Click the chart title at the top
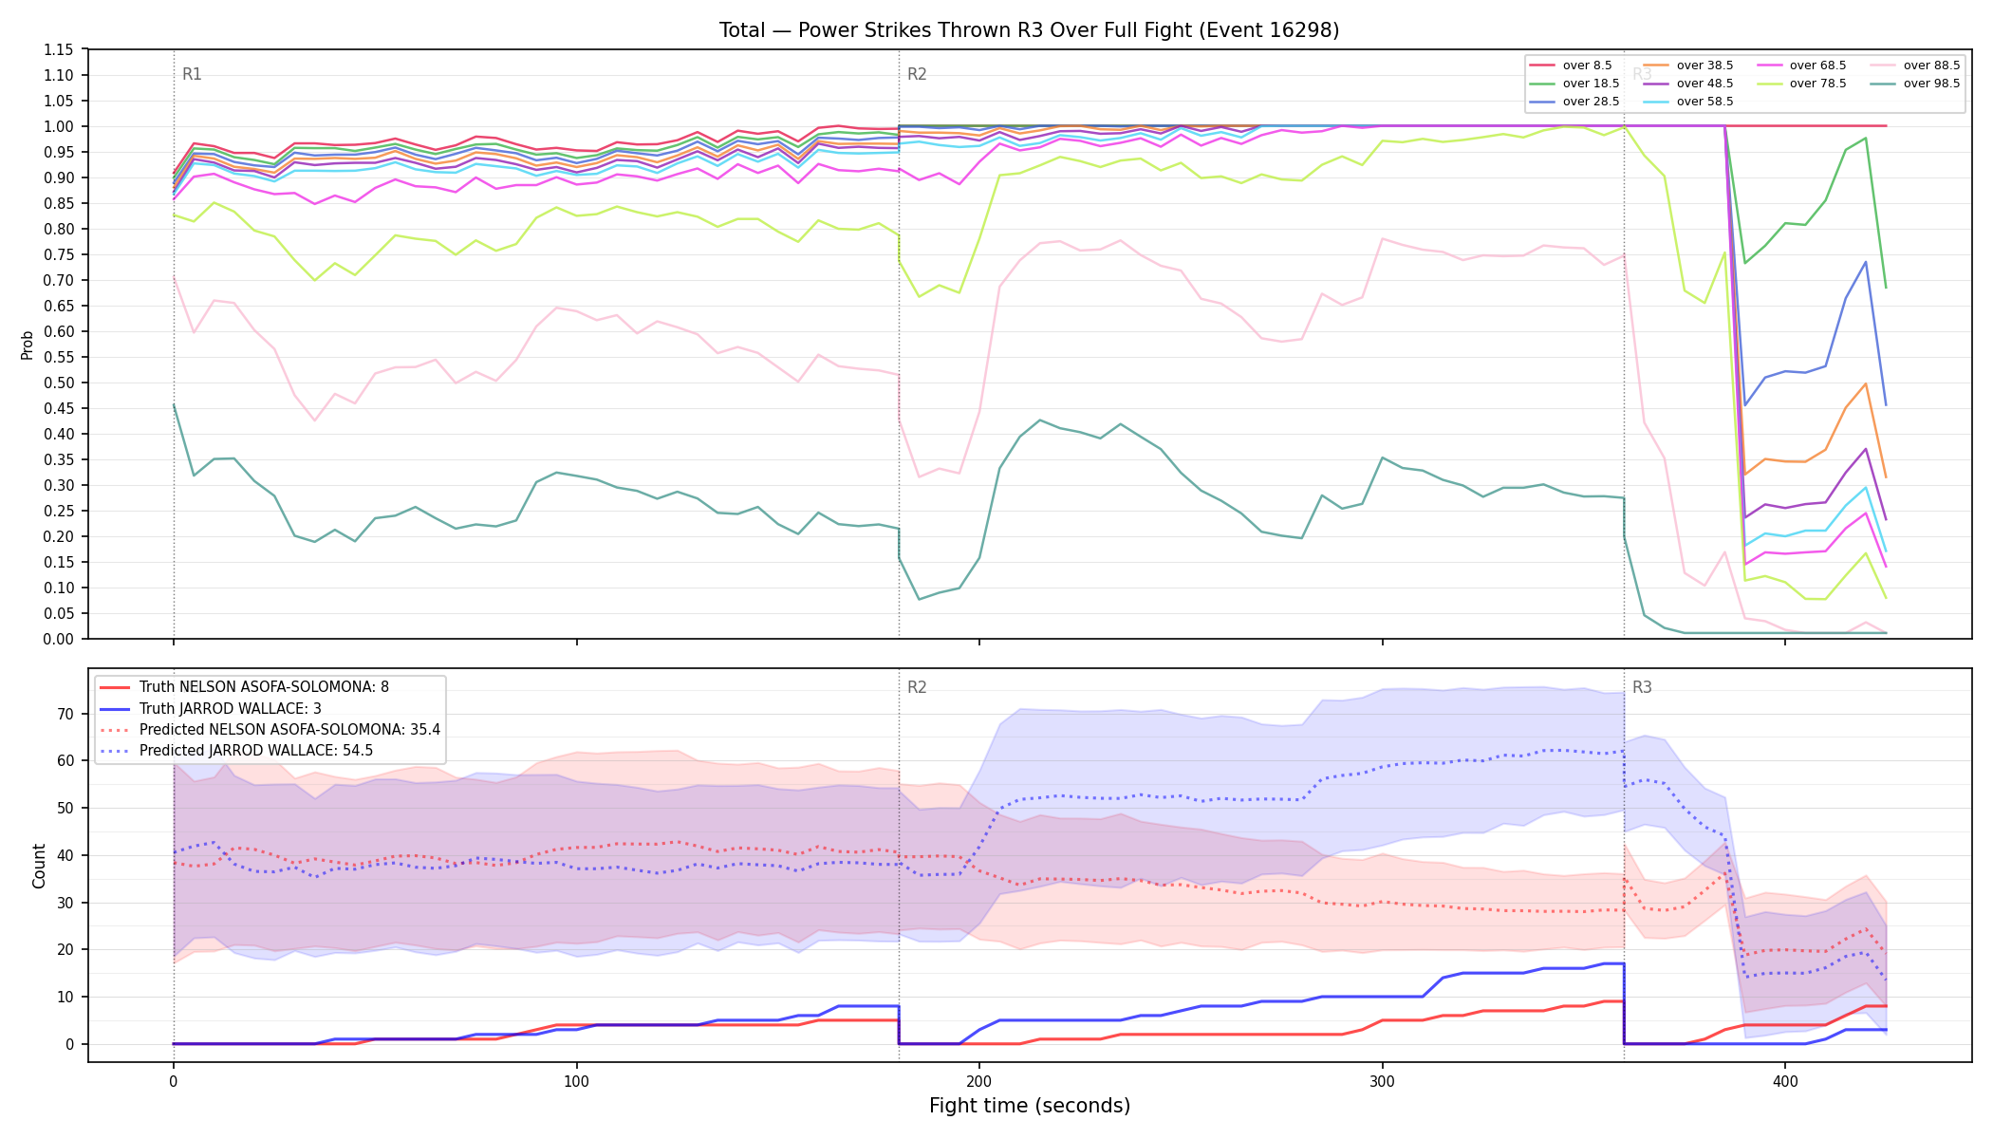[1029, 30]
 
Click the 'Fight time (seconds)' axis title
[1030, 1106]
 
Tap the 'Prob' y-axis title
[28, 345]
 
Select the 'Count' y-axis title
[39, 866]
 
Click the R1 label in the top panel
[192, 74]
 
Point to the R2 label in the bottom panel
[917, 687]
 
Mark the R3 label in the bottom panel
[1642, 687]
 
